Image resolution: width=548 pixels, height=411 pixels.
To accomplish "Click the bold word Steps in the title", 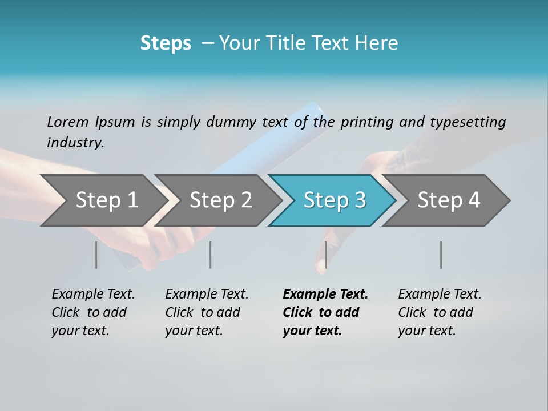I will pos(166,43).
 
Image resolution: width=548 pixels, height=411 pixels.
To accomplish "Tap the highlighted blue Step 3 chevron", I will pos(334,200).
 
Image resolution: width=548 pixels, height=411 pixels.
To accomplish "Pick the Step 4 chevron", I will pos(449,200).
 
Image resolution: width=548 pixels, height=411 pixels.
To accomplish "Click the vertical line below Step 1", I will pos(96,255).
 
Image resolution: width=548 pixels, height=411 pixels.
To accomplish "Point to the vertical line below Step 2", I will pos(211,255).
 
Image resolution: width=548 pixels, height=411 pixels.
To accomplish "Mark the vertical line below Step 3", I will pos(325,255).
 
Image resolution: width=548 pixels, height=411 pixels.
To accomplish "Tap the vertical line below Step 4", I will pos(441,255).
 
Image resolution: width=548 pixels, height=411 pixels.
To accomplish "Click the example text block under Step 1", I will pos(93,312).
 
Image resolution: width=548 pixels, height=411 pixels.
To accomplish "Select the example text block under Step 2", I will pos(207,312).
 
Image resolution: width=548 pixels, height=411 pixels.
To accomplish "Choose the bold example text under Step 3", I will pos(325,312).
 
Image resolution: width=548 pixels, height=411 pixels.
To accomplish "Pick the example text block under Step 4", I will pos(440,312).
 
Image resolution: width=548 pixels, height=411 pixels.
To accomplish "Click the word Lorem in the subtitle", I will pos(68,122).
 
